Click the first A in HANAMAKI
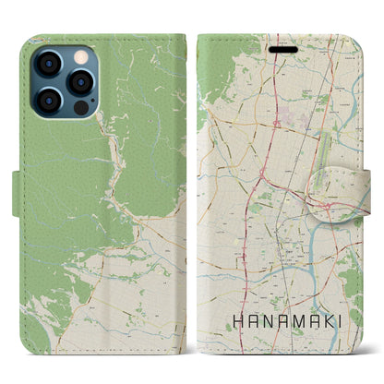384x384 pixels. [246, 323]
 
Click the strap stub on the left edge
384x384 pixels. [18, 191]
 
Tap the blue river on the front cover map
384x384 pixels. [342, 231]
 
